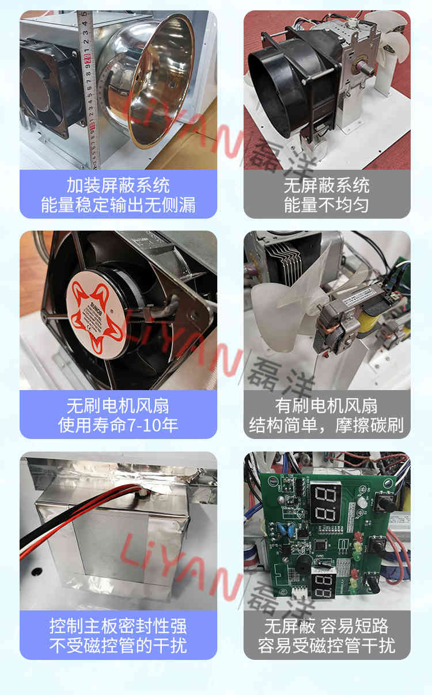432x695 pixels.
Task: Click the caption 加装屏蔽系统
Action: pos(118,186)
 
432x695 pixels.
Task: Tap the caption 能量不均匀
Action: pos(327,205)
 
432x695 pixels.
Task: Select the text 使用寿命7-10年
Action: pos(118,425)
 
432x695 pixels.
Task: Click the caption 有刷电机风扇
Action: pos(327,406)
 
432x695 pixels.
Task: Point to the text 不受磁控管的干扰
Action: pos(118,646)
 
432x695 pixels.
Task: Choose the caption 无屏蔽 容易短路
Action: pos(327,627)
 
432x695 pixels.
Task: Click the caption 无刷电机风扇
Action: pos(118,406)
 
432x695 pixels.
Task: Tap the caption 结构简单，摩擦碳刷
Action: pos(327,425)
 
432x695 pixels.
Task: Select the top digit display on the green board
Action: pos(325,498)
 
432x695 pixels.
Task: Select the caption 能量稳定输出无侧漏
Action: pos(118,205)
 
